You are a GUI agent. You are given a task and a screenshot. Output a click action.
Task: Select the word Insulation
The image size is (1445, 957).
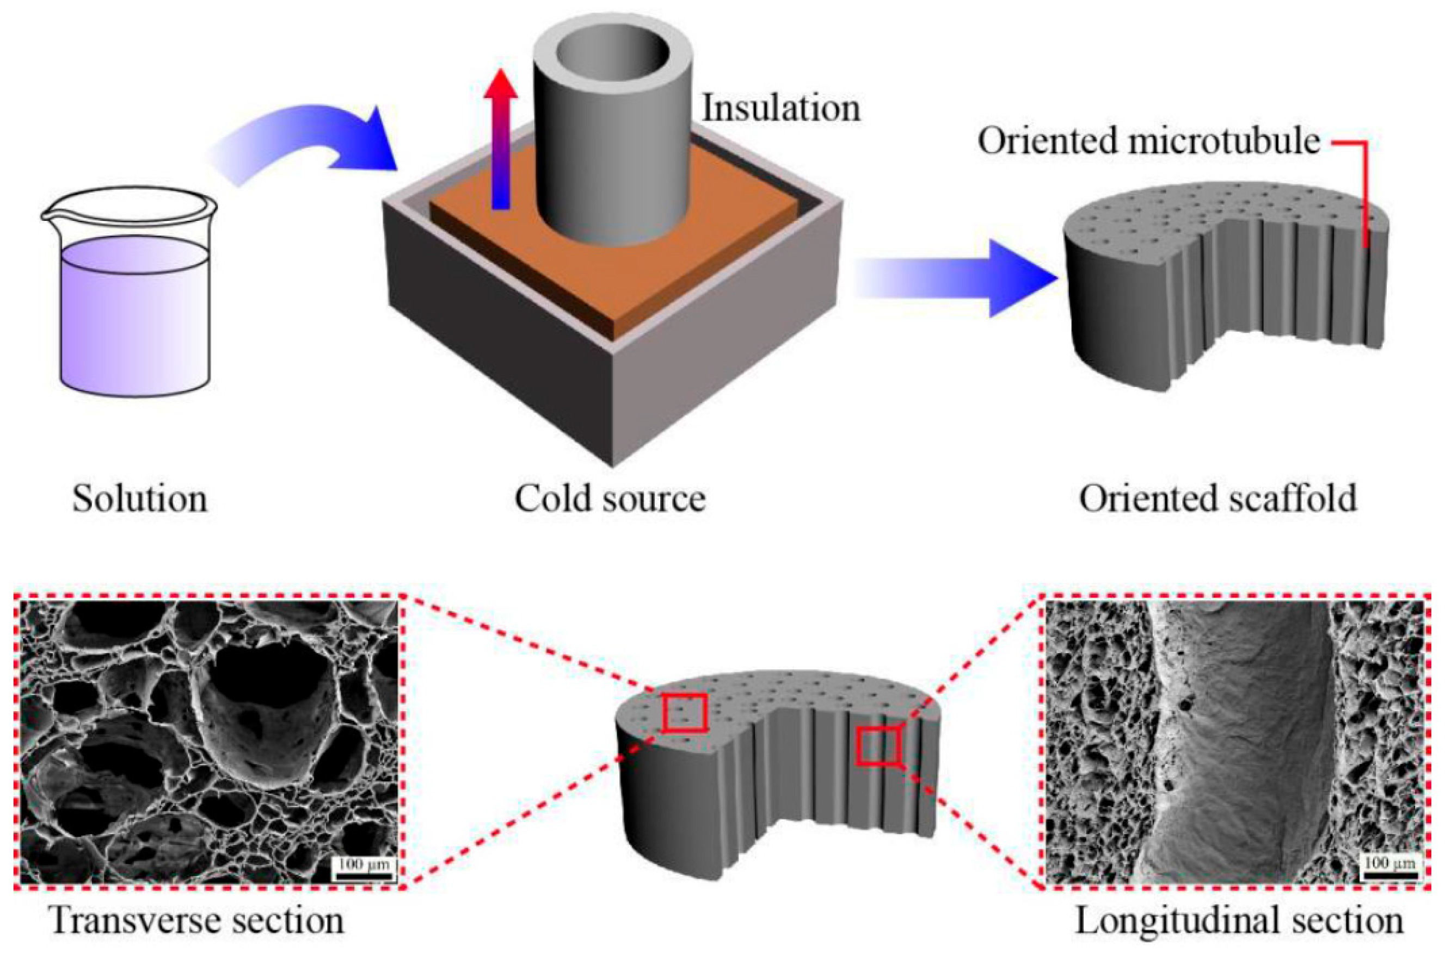click(x=781, y=109)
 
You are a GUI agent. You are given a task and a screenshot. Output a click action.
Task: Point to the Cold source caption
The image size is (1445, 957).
click(x=610, y=499)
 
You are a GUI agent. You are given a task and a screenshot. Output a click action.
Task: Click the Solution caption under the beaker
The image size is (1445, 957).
click(x=140, y=499)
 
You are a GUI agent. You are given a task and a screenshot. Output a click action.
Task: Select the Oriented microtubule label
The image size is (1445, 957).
click(x=1149, y=141)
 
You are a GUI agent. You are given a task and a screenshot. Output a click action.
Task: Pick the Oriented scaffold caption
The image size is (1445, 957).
click(x=1219, y=499)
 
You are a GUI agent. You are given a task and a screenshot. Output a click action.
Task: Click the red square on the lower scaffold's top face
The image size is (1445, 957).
click(x=685, y=712)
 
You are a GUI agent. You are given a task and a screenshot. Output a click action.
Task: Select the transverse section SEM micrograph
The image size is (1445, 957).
click(x=208, y=742)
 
